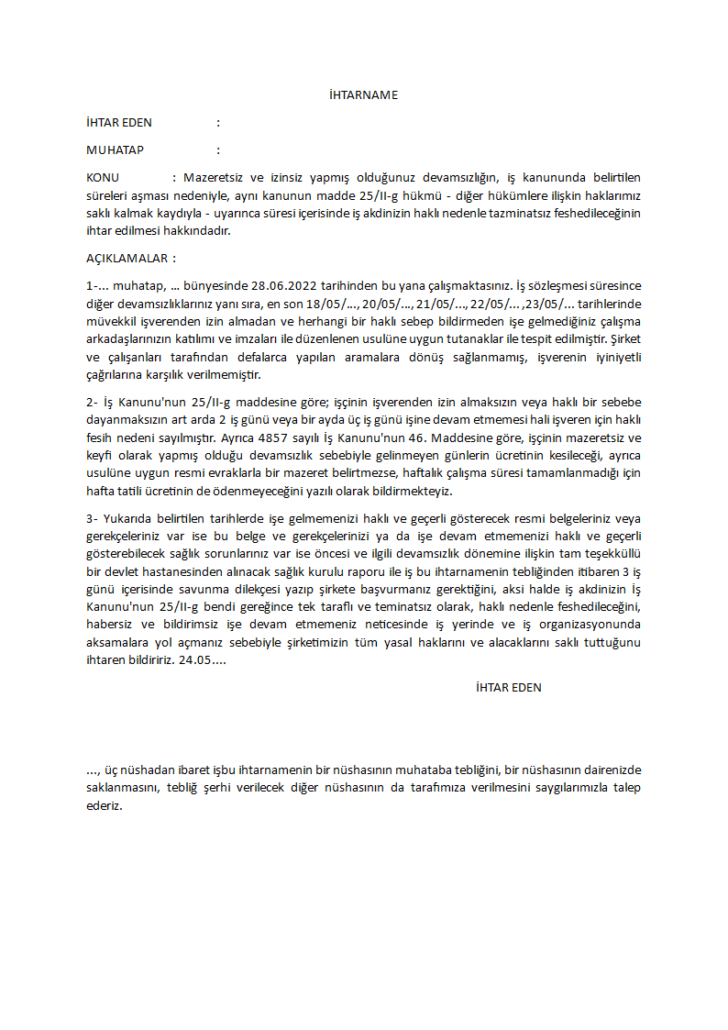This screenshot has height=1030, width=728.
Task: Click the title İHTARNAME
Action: [x=363, y=95]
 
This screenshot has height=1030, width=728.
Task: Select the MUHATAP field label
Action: [x=115, y=150]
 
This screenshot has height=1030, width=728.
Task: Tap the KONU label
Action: [x=103, y=178]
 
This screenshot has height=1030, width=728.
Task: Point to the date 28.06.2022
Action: [x=282, y=286]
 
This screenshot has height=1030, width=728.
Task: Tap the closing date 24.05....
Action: [x=203, y=659]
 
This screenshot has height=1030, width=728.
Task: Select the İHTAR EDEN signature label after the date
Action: [x=509, y=688]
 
